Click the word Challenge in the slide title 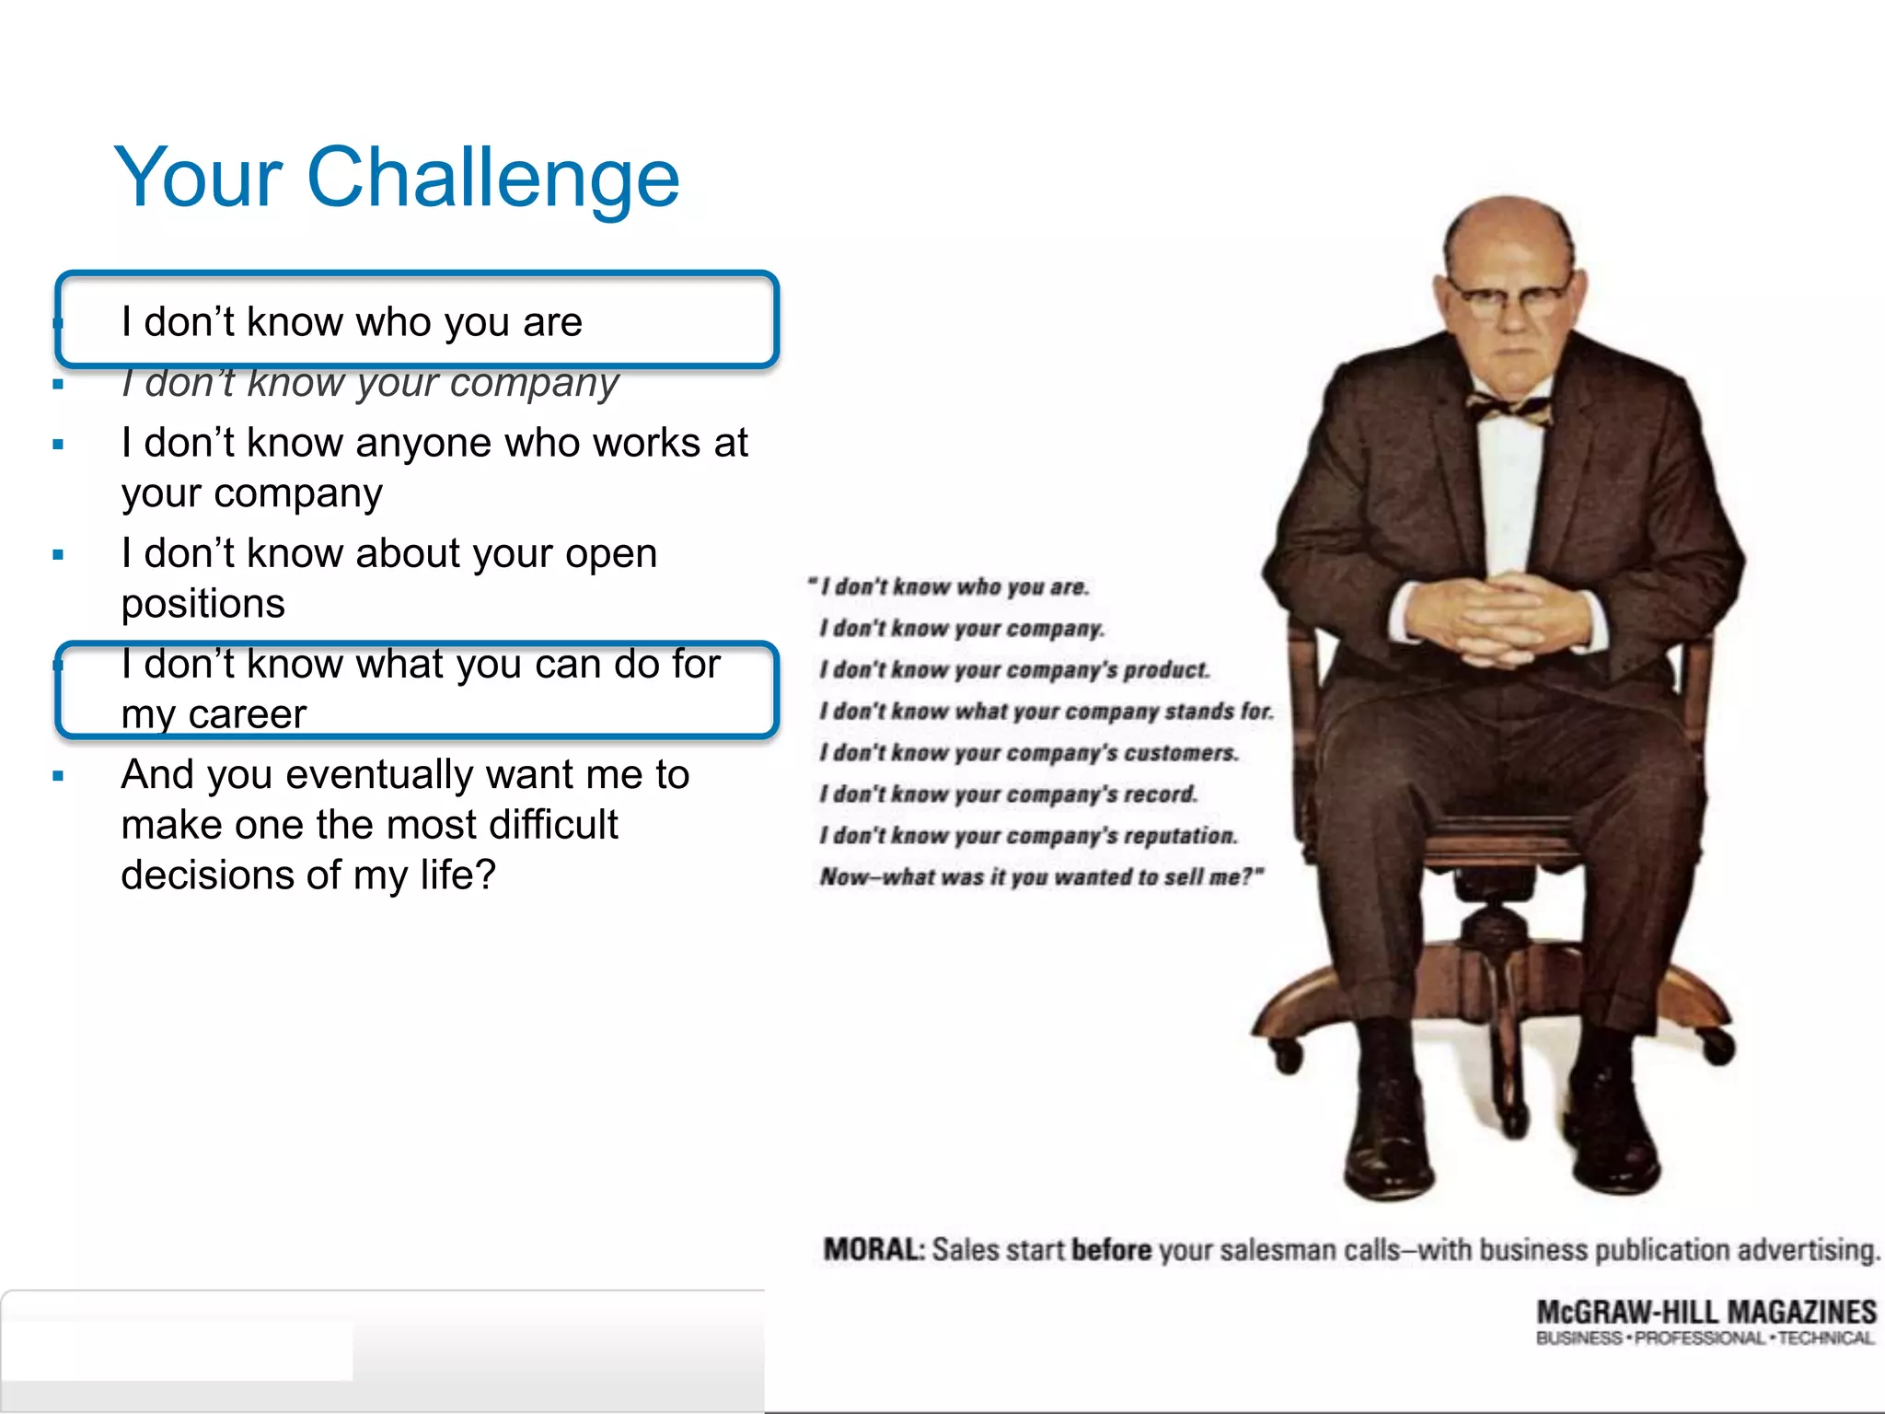[492, 178]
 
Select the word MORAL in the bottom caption [873, 1250]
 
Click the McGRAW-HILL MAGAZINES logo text [1706, 1312]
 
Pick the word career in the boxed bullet [248, 714]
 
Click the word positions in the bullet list [202, 604]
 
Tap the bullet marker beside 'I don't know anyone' [58, 445]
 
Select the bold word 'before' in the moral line [1112, 1250]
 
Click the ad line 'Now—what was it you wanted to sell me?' [1040, 877]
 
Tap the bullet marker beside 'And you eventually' [58, 776]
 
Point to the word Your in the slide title [198, 178]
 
